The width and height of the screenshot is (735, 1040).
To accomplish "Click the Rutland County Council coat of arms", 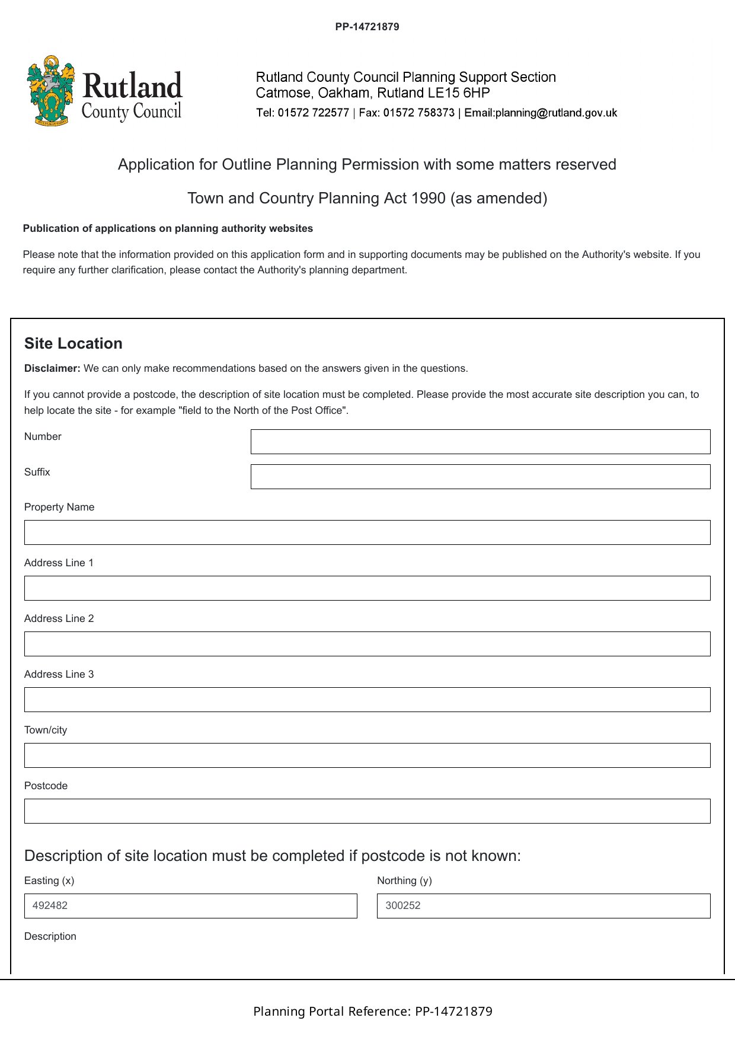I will [51, 91].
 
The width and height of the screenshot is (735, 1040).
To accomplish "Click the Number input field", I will [480, 442].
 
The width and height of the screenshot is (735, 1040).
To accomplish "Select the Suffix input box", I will [480, 477].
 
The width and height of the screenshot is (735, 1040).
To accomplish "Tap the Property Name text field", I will [367, 532].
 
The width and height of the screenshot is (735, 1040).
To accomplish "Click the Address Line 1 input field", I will [367, 588].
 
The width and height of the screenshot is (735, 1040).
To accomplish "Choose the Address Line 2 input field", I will [367, 644].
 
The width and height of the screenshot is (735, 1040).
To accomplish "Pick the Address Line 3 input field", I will [367, 700].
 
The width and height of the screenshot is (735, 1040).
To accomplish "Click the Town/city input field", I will [367, 755].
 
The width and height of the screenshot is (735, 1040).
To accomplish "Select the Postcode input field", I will [367, 811].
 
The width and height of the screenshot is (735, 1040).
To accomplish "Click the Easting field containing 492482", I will [190, 906].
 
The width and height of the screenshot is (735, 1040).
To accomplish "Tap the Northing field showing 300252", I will [543, 906].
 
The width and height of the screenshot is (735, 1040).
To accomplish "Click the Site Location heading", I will [73, 343].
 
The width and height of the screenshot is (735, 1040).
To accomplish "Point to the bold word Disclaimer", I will [52, 368].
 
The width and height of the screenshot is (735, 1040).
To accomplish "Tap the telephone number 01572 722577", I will [313, 113].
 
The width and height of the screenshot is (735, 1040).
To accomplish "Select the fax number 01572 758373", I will [418, 113].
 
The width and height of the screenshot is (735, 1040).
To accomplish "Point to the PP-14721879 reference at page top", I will [367, 27].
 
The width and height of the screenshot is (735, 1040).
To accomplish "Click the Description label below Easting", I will [50, 936].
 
